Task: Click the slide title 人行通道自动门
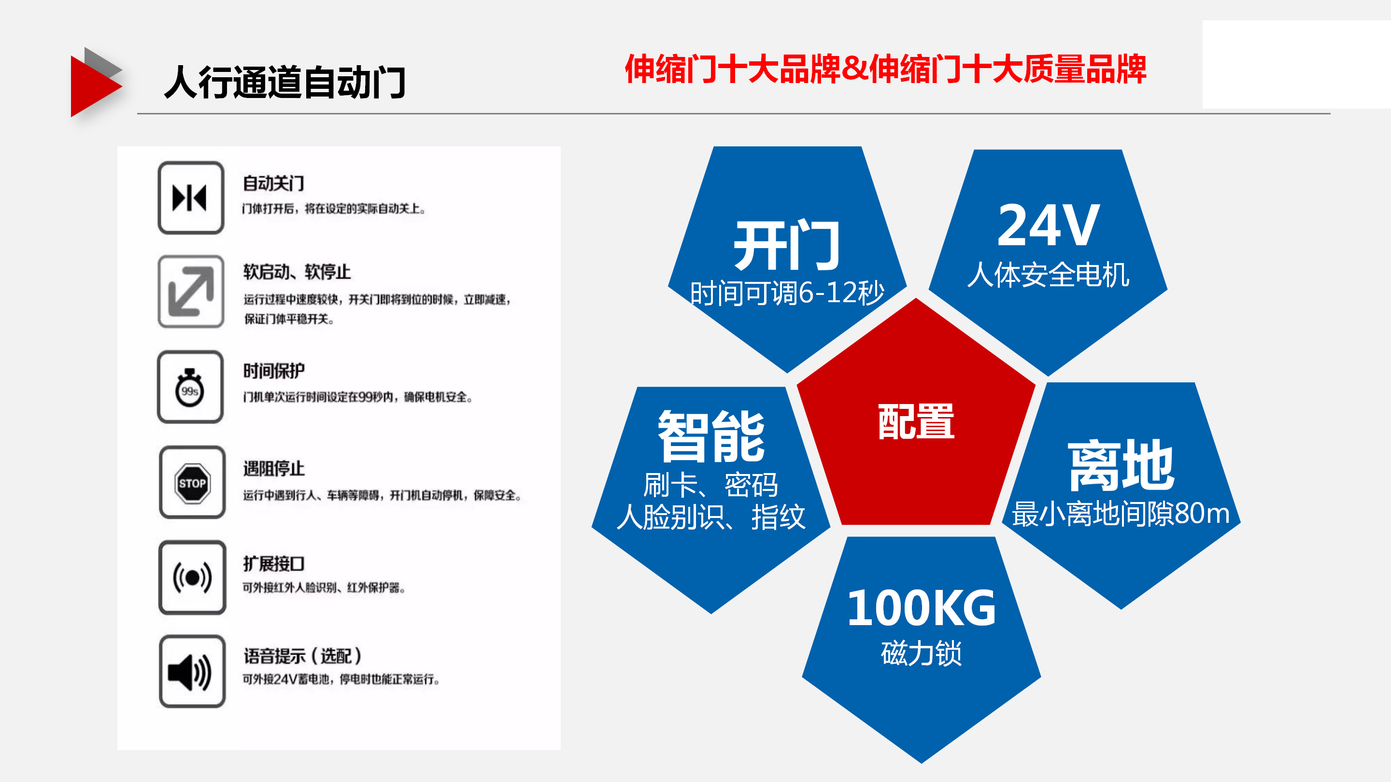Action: [x=284, y=82]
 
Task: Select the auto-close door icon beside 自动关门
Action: [x=191, y=197]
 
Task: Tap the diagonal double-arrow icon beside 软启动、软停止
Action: [x=191, y=292]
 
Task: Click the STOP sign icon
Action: [x=192, y=483]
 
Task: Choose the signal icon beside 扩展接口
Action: [x=192, y=577]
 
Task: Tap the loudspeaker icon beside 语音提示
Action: [x=192, y=671]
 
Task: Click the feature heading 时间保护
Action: [x=274, y=371]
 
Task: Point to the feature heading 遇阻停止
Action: [x=274, y=468]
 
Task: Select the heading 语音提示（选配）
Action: [x=302, y=656]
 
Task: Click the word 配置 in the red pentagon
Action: [x=916, y=421]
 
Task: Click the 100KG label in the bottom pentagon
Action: [x=921, y=608]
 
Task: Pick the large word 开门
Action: [x=787, y=246]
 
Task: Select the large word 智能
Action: [x=711, y=436]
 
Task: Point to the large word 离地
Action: [x=1121, y=465]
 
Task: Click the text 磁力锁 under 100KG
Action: [x=921, y=654]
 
